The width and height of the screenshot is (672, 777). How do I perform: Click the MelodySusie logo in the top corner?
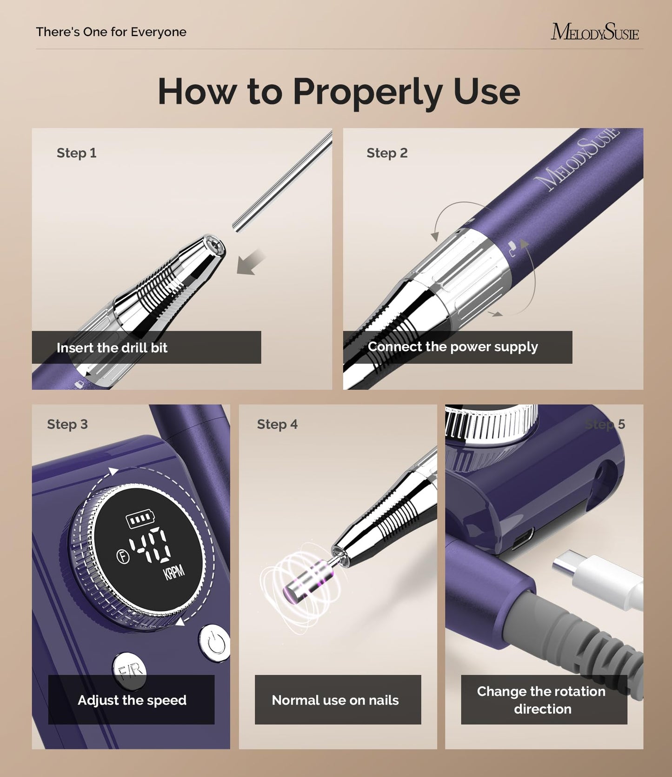tap(594, 32)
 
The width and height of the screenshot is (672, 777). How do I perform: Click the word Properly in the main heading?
tap(367, 92)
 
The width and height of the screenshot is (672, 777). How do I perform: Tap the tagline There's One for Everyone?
tap(111, 32)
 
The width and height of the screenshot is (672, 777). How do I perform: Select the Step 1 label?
tap(76, 153)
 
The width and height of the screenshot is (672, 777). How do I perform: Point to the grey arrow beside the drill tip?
tap(250, 263)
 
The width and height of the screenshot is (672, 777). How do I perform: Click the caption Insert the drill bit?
tap(112, 348)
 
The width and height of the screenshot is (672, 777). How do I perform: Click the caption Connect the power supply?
tap(452, 347)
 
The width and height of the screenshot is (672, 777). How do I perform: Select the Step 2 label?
tap(387, 153)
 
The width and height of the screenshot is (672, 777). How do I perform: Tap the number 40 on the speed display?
tap(150, 545)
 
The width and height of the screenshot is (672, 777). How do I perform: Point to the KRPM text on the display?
tap(174, 572)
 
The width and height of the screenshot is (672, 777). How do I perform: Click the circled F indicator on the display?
tap(123, 556)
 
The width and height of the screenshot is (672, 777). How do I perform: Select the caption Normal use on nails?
tap(335, 700)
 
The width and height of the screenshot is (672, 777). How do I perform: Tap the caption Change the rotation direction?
tap(542, 700)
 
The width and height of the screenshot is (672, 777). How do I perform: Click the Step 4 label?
tap(277, 425)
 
